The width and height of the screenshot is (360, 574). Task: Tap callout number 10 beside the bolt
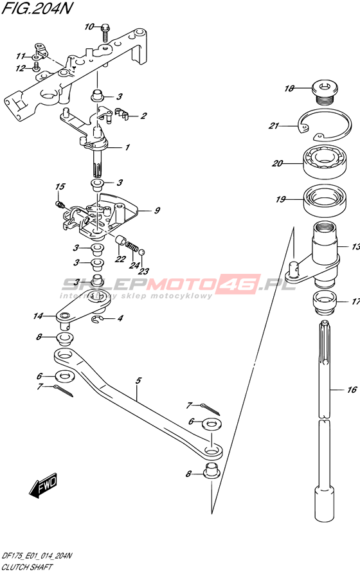point(89,27)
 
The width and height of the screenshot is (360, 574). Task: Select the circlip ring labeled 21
point(325,126)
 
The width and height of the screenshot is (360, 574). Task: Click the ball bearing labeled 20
point(324,162)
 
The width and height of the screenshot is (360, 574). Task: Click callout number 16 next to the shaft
point(352,390)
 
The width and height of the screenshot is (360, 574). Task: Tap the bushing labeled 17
point(325,302)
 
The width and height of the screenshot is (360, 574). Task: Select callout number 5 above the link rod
point(138,381)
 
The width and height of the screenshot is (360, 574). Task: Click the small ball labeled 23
point(143,251)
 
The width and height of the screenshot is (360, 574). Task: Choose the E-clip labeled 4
point(96,319)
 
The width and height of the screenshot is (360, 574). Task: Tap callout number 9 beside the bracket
point(156,211)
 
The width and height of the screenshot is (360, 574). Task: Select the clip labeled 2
point(122,114)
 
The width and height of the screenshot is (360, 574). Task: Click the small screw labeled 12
point(36,66)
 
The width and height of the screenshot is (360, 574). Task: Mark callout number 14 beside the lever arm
point(38,316)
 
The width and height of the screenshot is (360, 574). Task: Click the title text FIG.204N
point(35,8)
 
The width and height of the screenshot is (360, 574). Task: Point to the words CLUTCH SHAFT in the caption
point(27,568)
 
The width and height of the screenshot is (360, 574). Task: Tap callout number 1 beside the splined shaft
point(127,148)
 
